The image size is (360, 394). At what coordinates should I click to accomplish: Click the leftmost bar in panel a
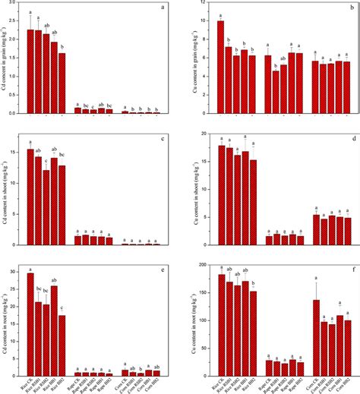(30, 71)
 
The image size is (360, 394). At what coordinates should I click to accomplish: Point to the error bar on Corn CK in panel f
(316, 289)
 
